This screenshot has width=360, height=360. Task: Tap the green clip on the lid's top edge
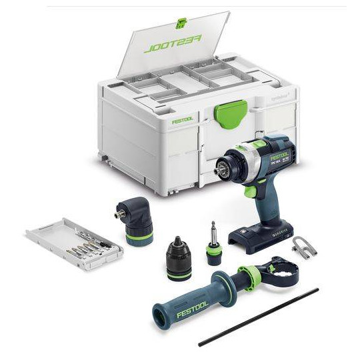coord(180,24)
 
